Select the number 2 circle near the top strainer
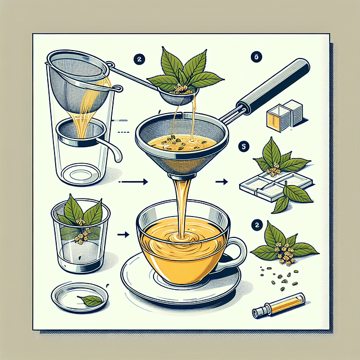pos(138,58)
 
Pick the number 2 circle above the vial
pos(257,224)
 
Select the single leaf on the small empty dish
pos(91,301)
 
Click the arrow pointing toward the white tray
pos(222,181)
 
